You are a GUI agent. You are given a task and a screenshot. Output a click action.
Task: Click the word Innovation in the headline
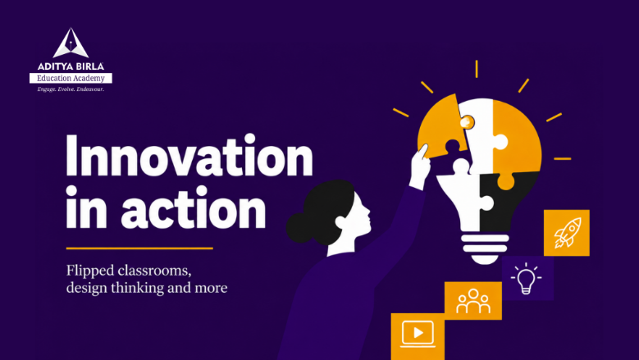click(189, 155)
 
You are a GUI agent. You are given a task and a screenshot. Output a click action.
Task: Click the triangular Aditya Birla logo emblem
click(71, 43)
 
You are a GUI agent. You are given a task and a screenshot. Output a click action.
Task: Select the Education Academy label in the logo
click(71, 78)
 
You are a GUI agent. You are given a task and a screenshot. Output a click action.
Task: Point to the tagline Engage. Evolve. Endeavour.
click(71, 89)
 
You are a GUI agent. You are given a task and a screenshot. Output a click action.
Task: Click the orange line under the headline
click(139, 248)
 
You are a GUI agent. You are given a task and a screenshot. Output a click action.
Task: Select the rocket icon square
click(567, 233)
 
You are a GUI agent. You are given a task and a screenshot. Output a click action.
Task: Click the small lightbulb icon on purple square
click(526, 278)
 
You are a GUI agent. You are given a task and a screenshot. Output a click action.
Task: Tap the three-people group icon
click(473, 301)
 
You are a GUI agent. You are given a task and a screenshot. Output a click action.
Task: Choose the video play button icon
click(418, 334)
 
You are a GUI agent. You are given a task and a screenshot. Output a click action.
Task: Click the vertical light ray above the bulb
click(477, 69)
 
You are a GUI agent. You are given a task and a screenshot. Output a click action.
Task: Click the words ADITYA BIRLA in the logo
click(71, 66)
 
